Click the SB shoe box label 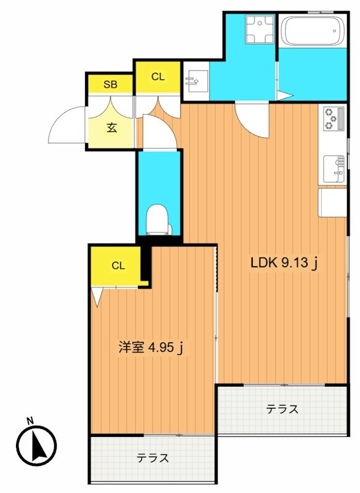[110, 84]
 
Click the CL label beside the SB [158, 77]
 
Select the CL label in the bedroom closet [118, 266]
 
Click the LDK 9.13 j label [284, 263]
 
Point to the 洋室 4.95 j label [151, 348]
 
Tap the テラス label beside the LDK [282, 409]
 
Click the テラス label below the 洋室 [153, 458]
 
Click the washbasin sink [195, 80]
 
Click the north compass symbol [35, 446]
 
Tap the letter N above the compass [30, 422]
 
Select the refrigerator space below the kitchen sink [333, 203]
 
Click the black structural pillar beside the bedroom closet [146, 263]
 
